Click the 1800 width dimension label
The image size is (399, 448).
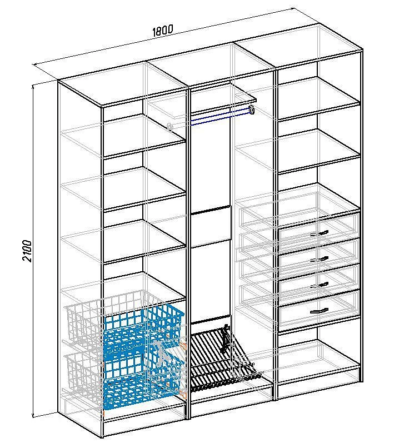(x=163, y=30)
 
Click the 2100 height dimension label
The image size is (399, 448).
(x=27, y=251)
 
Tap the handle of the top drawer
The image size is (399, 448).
(x=319, y=233)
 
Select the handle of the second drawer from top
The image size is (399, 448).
(x=319, y=260)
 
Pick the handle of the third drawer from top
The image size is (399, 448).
(x=319, y=285)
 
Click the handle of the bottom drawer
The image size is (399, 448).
(x=319, y=311)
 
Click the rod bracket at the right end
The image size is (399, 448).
(x=251, y=109)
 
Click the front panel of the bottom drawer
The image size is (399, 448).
(x=318, y=310)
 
